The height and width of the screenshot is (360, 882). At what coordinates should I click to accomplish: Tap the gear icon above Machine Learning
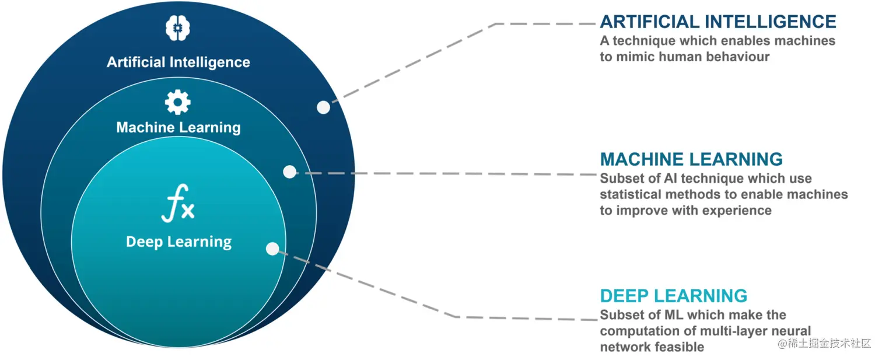(x=177, y=103)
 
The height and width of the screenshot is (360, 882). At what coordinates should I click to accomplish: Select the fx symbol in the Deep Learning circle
(x=178, y=202)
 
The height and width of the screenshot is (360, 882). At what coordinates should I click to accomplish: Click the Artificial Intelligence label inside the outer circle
(x=178, y=62)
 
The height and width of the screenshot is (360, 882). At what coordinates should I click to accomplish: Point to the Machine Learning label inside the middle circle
(x=178, y=127)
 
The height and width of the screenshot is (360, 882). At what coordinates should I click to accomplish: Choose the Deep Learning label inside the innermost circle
(x=178, y=242)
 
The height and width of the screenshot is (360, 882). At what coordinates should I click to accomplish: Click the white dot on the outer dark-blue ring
(x=323, y=107)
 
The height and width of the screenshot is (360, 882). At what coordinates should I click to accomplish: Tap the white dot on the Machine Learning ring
(x=289, y=172)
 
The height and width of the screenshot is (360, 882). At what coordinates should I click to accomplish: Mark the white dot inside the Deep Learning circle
(x=272, y=249)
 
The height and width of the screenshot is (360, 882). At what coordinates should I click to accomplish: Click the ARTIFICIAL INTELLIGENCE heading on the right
(x=718, y=22)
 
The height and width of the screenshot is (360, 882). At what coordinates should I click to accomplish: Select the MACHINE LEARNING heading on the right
(x=691, y=159)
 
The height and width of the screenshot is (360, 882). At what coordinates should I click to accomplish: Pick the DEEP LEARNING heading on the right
(x=673, y=296)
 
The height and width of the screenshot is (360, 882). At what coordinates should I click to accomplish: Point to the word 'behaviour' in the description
(x=738, y=57)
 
